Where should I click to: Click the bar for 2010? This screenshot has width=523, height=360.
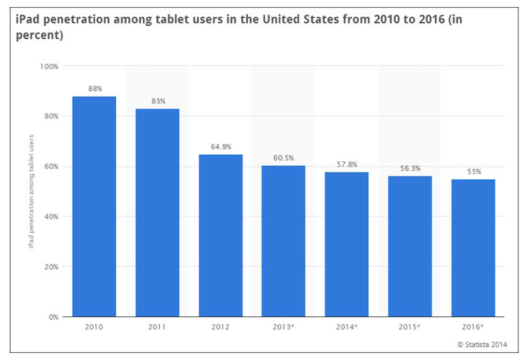[x=94, y=206]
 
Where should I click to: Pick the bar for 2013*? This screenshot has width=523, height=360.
[x=284, y=241]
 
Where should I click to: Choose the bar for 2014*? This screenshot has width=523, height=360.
[x=347, y=244]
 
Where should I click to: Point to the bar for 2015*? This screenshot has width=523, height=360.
[x=410, y=246]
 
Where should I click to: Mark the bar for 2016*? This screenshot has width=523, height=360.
[x=473, y=248]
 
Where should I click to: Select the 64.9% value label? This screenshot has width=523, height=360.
[x=221, y=147]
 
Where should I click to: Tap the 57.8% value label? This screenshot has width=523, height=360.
[x=347, y=165]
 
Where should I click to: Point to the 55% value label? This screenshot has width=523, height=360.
[x=473, y=172]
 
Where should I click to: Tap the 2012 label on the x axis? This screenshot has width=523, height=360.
[x=221, y=327]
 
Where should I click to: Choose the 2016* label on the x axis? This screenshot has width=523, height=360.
[x=473, y=327]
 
